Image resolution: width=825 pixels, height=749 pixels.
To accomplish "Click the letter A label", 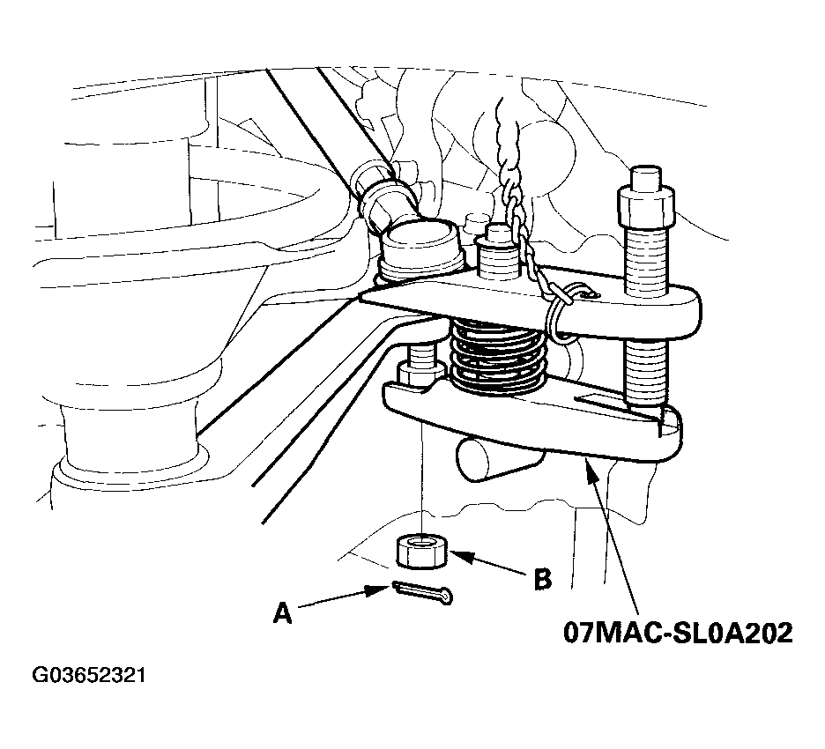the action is click(283, 612).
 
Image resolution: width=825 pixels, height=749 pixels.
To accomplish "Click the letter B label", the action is click(542, 579).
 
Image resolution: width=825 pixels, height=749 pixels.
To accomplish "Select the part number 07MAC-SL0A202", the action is click(678, 633).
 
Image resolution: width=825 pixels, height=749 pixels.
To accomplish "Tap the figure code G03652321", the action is click(89, 675).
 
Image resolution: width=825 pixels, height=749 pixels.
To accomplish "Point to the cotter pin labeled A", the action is click(422, 592).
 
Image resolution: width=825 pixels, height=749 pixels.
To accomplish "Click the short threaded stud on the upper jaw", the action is click(496, 254).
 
